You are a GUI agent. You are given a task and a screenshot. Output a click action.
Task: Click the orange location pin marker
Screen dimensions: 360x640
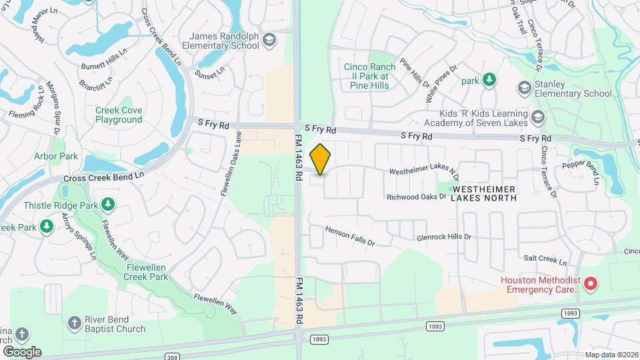[x=321, y=159]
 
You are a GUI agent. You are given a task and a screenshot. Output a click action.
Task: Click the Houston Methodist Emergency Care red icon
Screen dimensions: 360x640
[x=591, y=285]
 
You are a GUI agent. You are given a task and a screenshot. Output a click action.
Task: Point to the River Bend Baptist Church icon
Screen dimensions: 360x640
[x=75, y=324]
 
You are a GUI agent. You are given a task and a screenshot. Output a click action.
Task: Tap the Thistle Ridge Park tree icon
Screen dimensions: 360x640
[x=106, y=205]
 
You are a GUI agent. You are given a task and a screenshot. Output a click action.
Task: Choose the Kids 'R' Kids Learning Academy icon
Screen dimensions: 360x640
[x=539, y=117]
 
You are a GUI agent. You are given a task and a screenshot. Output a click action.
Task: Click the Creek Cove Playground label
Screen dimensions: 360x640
[x=119, y=115]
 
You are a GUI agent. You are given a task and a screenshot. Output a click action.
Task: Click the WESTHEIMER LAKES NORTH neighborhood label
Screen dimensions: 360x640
[x=485, y=193]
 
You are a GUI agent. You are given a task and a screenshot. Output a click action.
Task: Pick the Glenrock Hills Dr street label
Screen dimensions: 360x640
[x=443, y=237]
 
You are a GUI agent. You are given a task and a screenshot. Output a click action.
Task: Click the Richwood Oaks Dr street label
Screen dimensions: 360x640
[x=416, y=197]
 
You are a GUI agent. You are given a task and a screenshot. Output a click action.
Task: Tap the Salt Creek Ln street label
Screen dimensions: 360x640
[x=545, y=261]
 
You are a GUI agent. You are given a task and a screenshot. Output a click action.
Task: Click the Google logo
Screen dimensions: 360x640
[x=21, y=351]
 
